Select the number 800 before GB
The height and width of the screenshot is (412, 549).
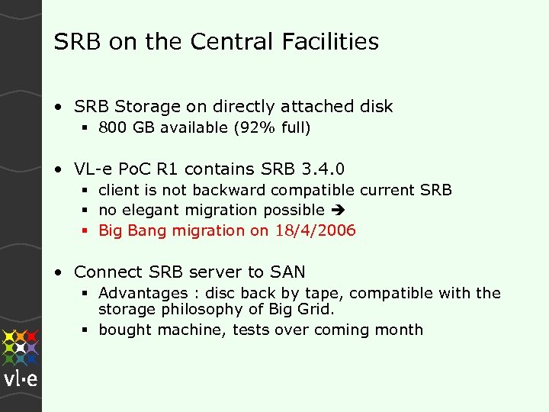(113, 128)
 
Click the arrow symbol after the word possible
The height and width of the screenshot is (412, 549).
(336, 211)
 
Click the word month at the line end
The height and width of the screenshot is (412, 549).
(400, 330)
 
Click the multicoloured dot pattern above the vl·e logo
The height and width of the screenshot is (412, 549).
(21, 346)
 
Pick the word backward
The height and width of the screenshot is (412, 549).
(224, 189)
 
